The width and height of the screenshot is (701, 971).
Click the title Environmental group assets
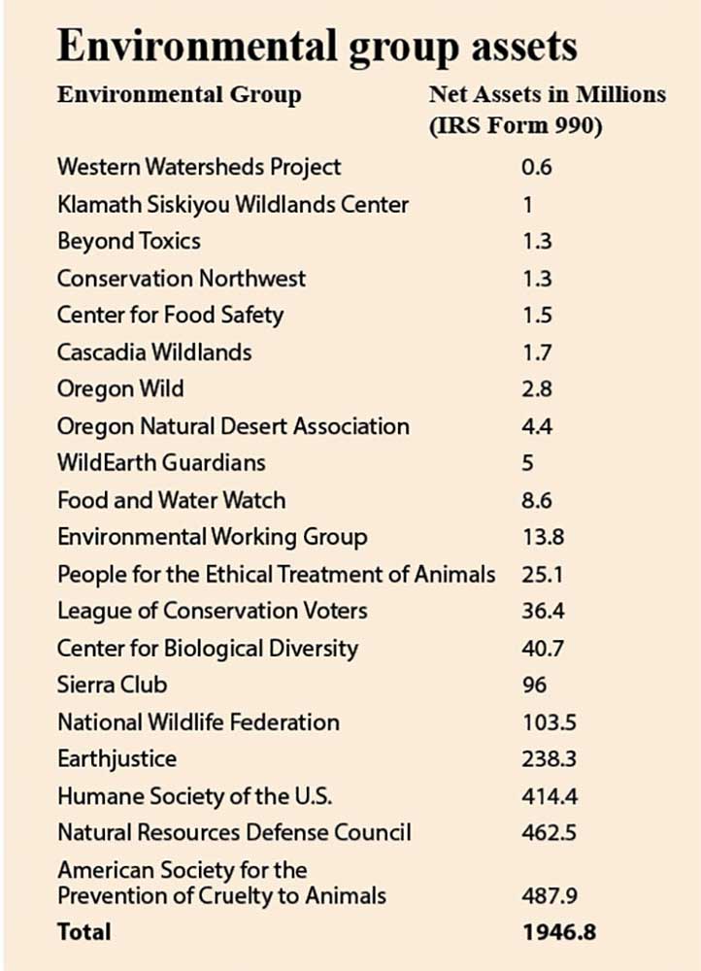click(x=317, y=46)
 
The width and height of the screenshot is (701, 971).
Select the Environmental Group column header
click(x=179, y=94)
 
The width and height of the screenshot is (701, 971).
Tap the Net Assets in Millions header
click(x=548, y=94)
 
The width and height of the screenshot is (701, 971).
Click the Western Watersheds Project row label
click(x=199, y=166)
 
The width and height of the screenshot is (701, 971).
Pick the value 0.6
click(x=536, y=166)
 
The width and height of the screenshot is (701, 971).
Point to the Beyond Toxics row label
click(x=129, y=240)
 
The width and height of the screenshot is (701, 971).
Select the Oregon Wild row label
click(x=120, y=388)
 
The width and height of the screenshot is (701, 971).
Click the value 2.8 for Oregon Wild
click(x=536, y=388)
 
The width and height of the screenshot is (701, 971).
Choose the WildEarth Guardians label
click(x=161, y=462)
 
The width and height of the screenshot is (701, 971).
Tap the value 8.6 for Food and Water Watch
click(x=536, y=500)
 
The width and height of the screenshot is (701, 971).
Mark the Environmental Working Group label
click(x=212, y=537)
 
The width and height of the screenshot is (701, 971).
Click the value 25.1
click(x=541, y=574)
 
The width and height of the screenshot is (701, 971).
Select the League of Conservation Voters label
click(x=212, y=611)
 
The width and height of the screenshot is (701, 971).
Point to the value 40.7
click(x=541, y=648)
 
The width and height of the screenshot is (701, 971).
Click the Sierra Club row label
click(x=112, y=685)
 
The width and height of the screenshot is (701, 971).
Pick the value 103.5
click(x=546, y=721)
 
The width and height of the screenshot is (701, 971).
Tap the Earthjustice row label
click(x=117, y=758)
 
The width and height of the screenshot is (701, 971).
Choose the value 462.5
click(x=546, y=832)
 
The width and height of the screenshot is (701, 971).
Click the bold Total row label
click(x=84, y=931)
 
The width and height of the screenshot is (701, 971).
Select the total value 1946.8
click(x=557, y=931)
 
